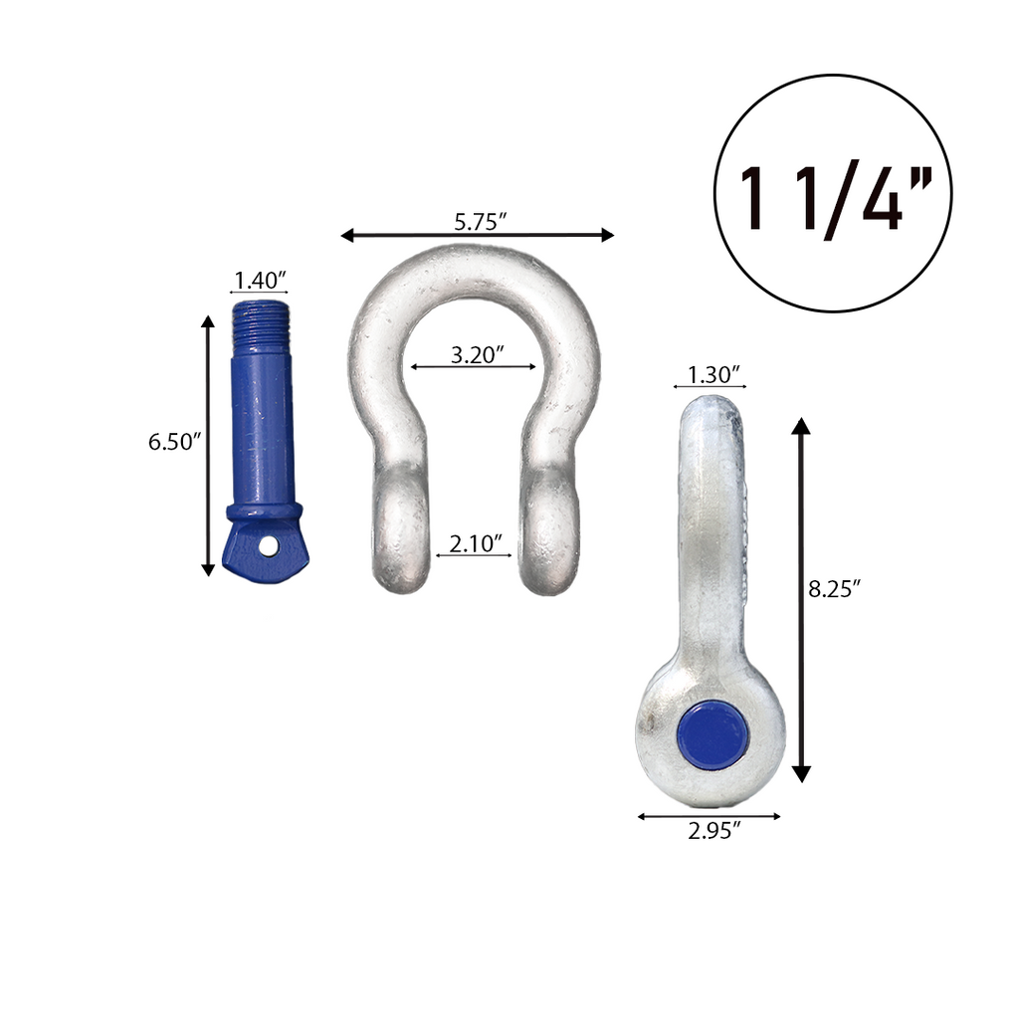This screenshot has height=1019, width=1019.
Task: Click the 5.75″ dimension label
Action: coord(481,222)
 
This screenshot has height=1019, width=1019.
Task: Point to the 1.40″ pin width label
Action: coord(260,280)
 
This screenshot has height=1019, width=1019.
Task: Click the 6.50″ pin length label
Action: coord(175,442)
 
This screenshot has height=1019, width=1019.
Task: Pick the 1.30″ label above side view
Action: coord(711,374)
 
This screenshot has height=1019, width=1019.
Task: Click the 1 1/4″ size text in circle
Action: coord(832,198)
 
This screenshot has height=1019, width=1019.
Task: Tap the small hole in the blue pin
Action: coord(269,545)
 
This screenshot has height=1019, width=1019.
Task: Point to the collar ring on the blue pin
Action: coord(264,511)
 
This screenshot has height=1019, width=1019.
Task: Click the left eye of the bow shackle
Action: coord(401,532)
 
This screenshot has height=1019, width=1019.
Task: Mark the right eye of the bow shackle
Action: coord(550,532)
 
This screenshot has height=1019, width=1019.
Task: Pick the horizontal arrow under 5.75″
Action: coord(477,236)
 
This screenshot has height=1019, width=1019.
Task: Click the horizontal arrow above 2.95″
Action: coord(709,816)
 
